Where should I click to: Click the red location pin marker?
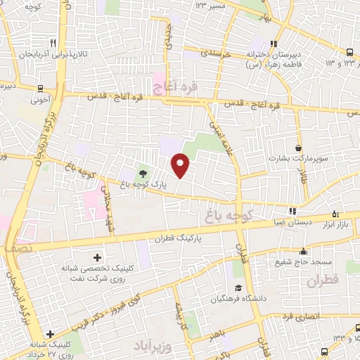point(181,165)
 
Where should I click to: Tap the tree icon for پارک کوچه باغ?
point(143,174)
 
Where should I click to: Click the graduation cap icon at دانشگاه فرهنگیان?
point(238,288)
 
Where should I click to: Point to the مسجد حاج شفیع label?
point(303,262)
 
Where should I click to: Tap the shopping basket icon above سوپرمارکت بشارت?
point(300,148)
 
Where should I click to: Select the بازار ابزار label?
point(343,223)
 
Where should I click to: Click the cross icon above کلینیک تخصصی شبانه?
point(97,257)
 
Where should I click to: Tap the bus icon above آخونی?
point(41,89)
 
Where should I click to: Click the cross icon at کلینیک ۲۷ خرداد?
point(49,334)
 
